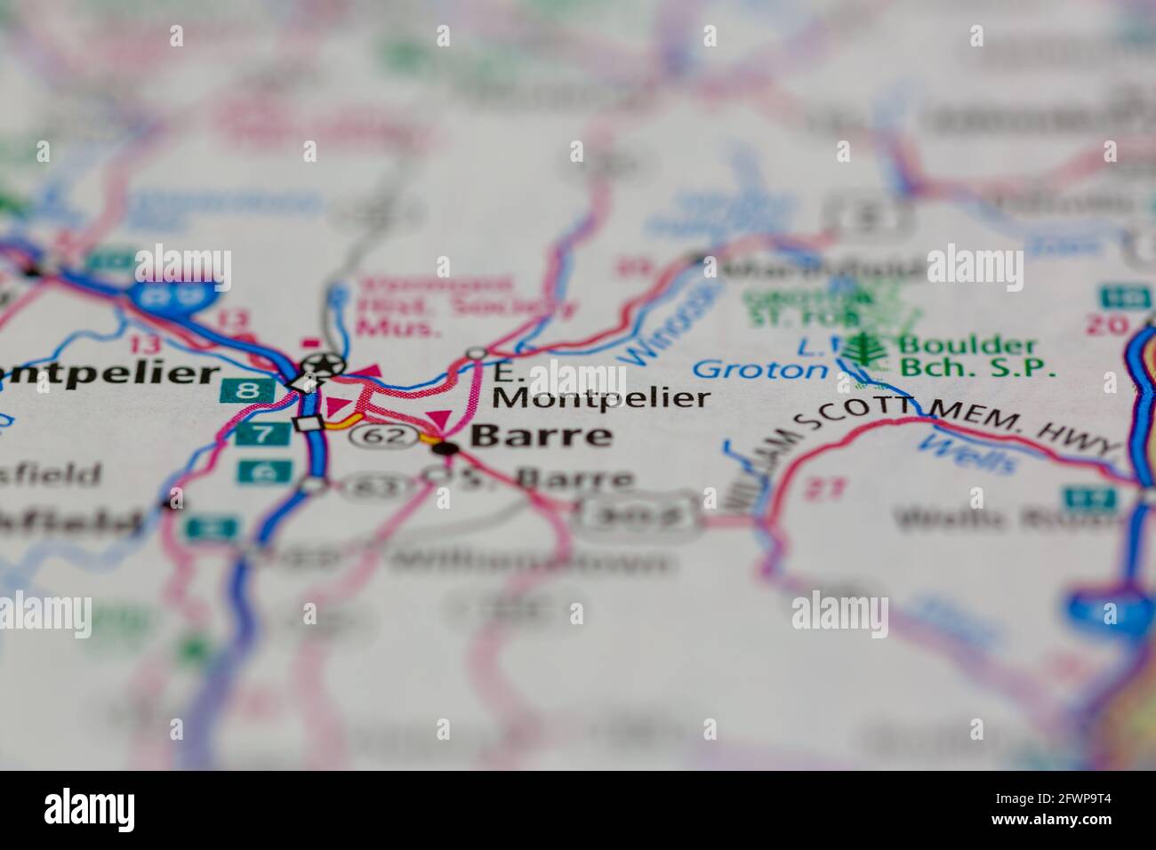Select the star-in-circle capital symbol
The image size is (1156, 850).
click(322, 364)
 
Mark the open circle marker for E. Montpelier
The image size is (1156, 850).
click(478, 354)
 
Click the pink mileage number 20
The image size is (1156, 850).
click(1110, 325)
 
